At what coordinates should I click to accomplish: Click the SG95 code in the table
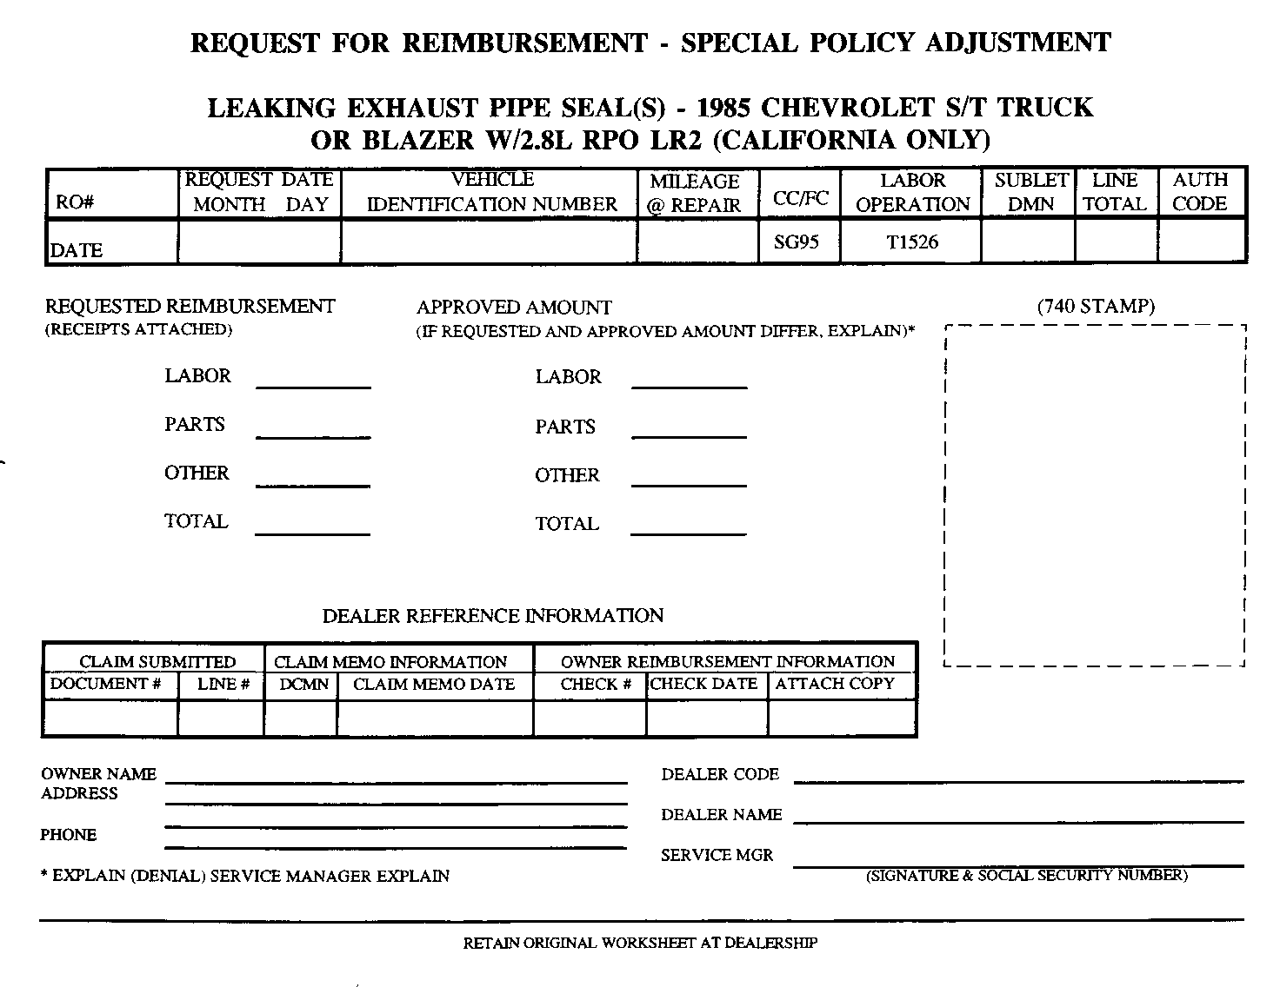click(x=796, y=242)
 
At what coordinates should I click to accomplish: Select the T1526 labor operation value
click(x=912, y=242)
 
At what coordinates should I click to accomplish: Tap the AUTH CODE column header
click(x=1200, y=192)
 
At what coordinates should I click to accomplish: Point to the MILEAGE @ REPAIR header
click(x=695, y=193)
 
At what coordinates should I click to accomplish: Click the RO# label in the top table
click(x=75, y=203)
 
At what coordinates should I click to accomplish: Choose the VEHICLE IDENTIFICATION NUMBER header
click(x=492, y=192)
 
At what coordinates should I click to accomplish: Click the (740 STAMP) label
click(x=1096, y=306)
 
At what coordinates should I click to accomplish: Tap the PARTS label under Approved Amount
click(x=565, y=427)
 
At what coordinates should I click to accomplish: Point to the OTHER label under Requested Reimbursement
click(x=197, y=474)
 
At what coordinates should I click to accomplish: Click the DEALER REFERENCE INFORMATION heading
click(x=493, y=616)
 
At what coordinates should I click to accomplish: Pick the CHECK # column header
click(x=596, y=685)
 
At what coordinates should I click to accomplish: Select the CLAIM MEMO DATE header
click(x=434, y=685)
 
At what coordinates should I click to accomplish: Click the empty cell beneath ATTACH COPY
click(x=842, y=718)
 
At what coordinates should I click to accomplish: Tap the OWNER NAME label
click(x=98, y=774)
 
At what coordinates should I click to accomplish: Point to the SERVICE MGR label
click(x=717, y=855)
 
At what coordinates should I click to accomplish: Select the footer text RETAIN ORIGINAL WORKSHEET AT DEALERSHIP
click(x=640, y=943)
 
